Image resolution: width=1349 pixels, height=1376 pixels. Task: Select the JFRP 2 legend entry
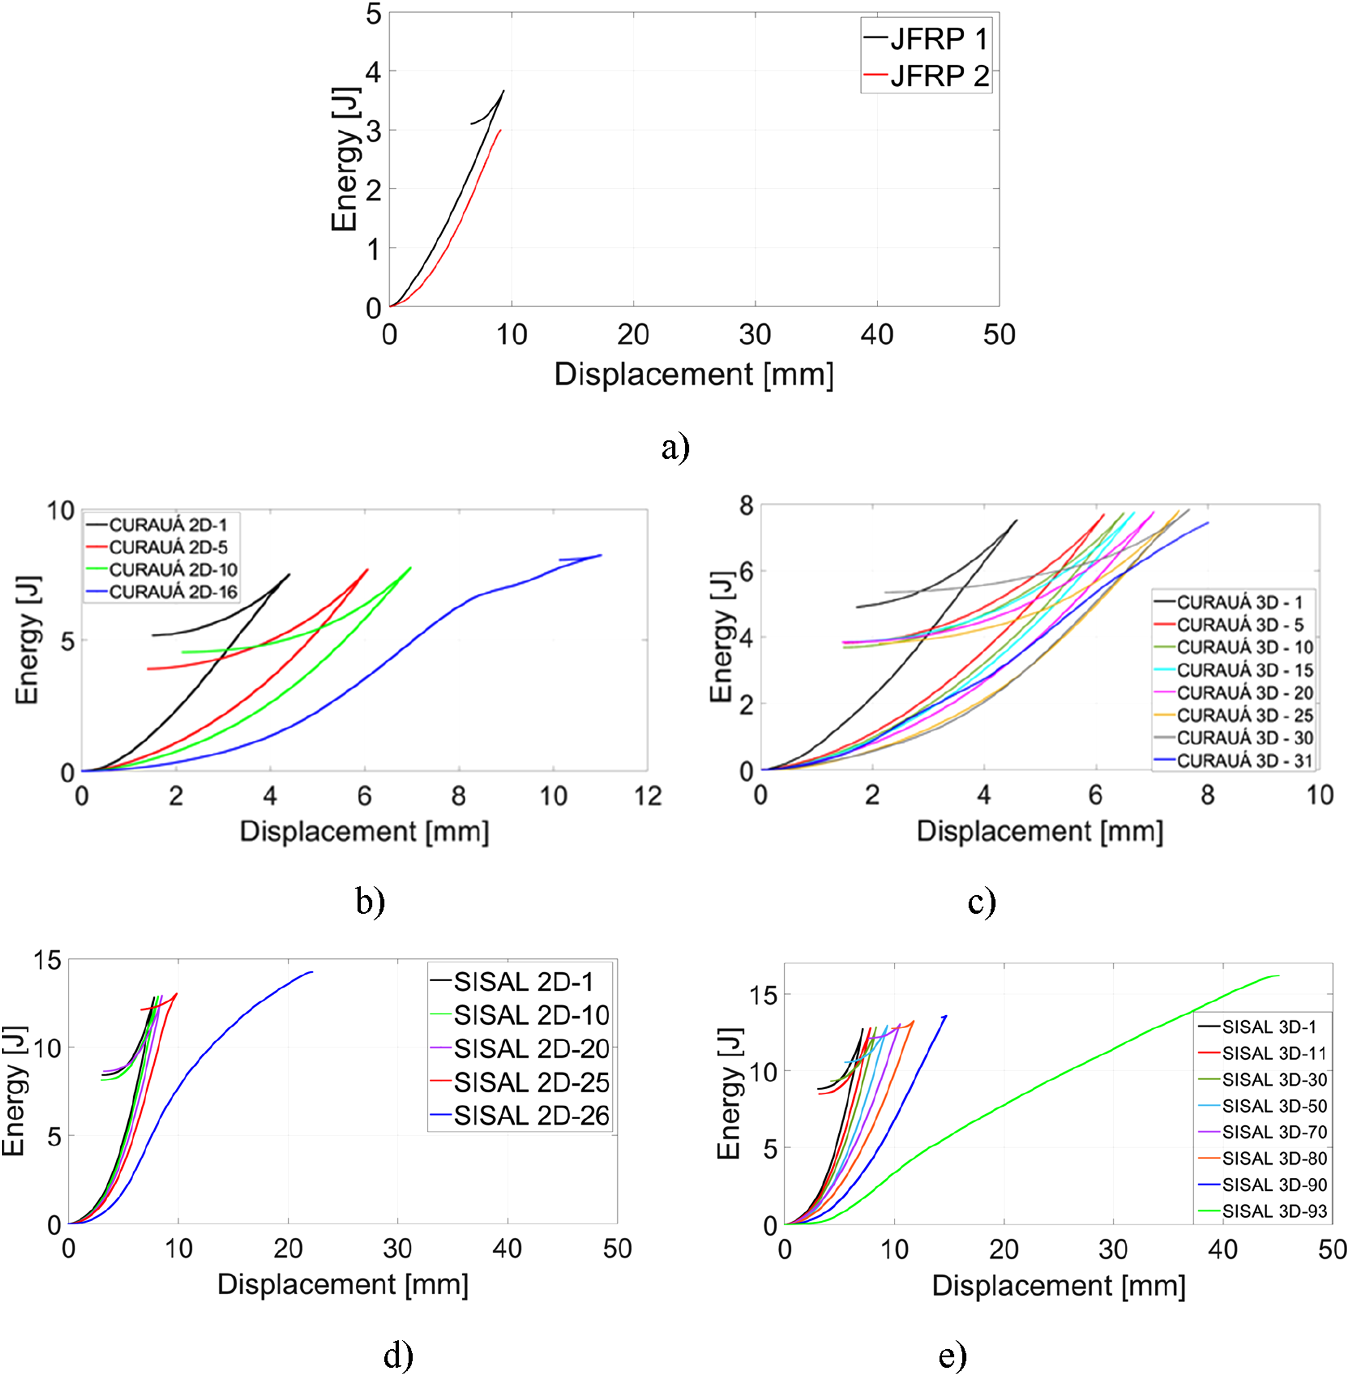(x=925, y=76)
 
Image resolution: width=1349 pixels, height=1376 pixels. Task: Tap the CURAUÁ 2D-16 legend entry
(x=162, y=592)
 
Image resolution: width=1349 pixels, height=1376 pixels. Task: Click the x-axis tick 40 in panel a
(x=877, y=334)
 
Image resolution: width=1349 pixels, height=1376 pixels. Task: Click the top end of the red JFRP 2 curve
(x=501, y=130)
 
